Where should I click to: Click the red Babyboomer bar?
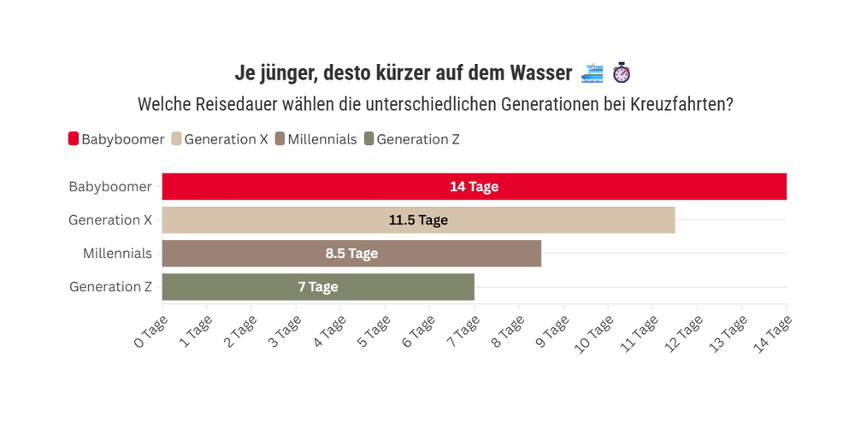[342, 187]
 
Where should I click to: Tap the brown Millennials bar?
[256, 254]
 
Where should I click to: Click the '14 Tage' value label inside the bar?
[474, 187]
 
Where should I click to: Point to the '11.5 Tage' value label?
[418, 220]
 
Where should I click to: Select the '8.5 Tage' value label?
[351, 254]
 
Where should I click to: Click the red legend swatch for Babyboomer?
[74, 139]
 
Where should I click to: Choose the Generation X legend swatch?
[177, 139]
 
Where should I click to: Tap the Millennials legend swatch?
[280, 139]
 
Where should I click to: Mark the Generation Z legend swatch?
[369, 139]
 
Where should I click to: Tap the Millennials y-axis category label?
[117, 254]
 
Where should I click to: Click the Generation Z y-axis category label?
[110, 287]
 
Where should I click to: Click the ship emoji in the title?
[592, 73]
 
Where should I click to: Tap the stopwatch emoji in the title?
[622, 73]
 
